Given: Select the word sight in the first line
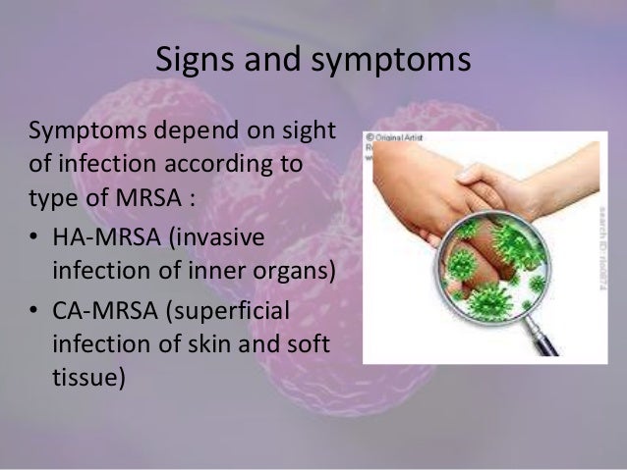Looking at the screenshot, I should click(x=310, y=132).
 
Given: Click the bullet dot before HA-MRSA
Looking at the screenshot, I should click(x=34, y=239).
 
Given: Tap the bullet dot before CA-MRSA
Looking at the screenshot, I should click(x=34, y=315).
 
